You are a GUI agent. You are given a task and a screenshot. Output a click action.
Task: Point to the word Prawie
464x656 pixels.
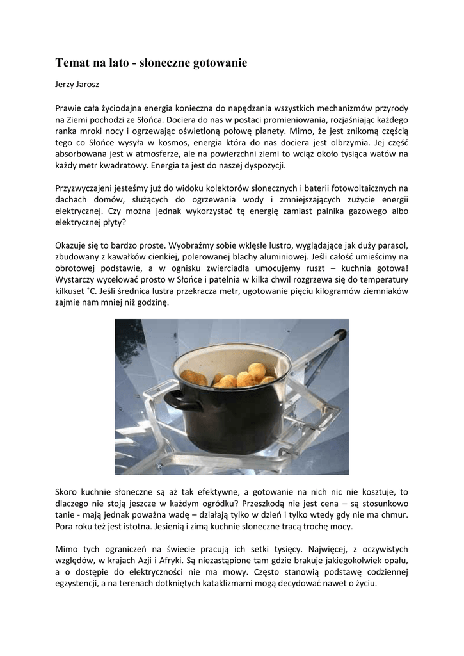click(x=69, y=108)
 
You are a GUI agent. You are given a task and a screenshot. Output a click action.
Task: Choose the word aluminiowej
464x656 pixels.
click(x=250, y=258)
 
